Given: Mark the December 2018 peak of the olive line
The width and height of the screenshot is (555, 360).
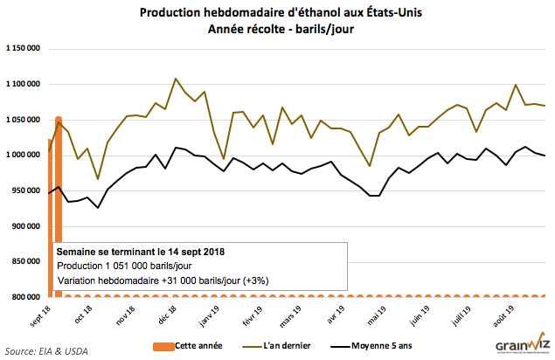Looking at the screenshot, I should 176,79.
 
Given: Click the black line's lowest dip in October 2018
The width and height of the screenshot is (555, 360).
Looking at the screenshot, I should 98,208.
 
